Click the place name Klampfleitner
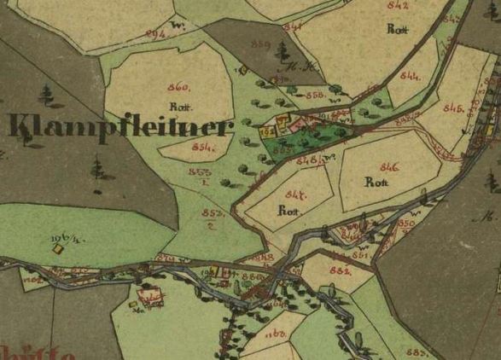[x=118, y=128]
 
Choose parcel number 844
[x=409, y=77]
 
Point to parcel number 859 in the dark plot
[x=261, y=44]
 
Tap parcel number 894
[x=154, y=33]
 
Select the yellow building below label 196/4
[x=58, y=249]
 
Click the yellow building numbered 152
[x=265, y=132]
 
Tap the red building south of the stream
[x=154, y=299]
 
